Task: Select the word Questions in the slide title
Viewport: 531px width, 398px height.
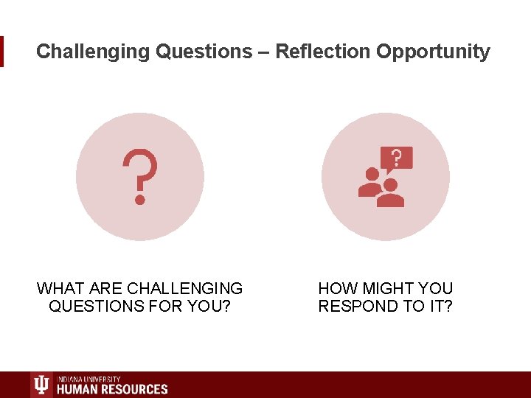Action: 204,52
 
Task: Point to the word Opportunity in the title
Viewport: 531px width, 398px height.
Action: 433,52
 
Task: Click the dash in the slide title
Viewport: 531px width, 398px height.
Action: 264,52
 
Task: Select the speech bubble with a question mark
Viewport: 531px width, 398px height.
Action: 396,158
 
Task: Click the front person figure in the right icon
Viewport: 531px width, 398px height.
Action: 390,193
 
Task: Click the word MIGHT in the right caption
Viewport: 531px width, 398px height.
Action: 389,288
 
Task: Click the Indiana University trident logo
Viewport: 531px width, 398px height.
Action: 42,385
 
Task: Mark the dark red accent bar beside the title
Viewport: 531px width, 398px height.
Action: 1,52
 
